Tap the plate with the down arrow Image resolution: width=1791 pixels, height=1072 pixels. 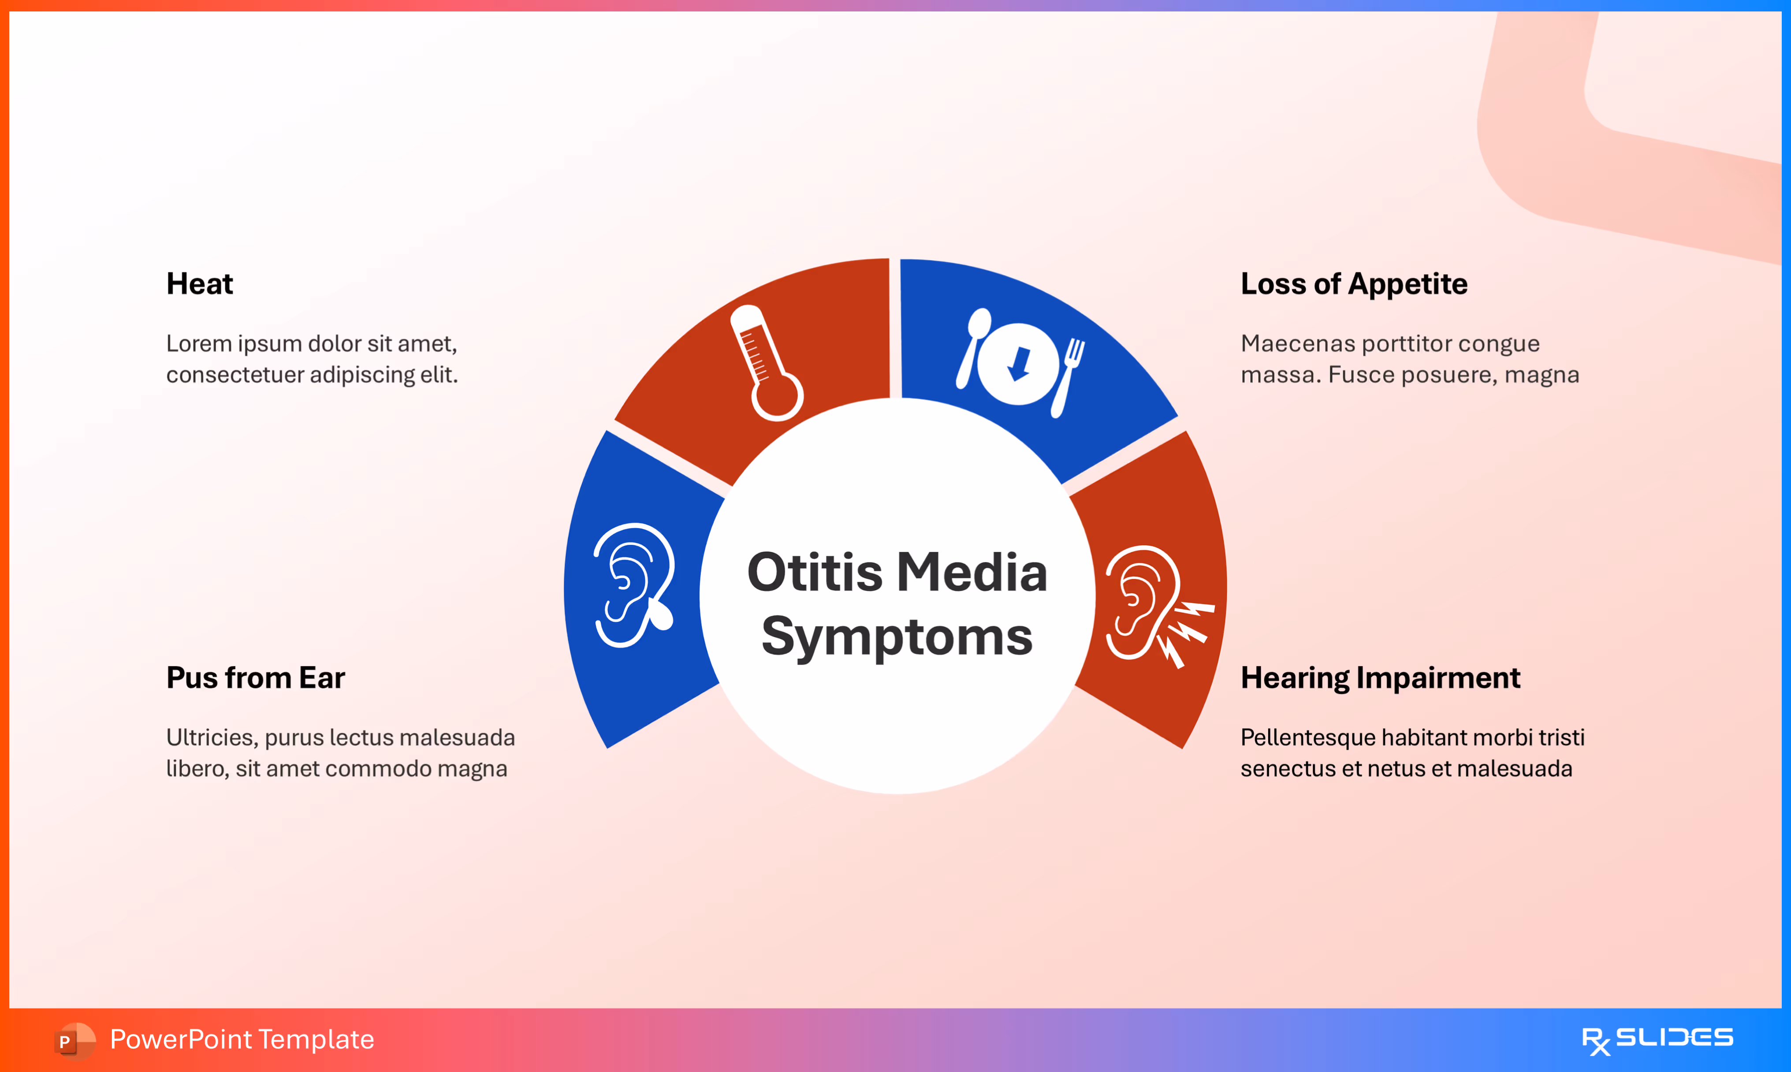[1018, 363]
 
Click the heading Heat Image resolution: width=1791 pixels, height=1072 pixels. [199, 284]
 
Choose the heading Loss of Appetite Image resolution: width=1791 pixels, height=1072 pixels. [1353, 284]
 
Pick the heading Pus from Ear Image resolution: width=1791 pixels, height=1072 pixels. [256, 677]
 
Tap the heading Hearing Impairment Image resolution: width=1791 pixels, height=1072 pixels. [1380, 677]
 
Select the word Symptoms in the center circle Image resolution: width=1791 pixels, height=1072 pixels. [897, 637]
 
